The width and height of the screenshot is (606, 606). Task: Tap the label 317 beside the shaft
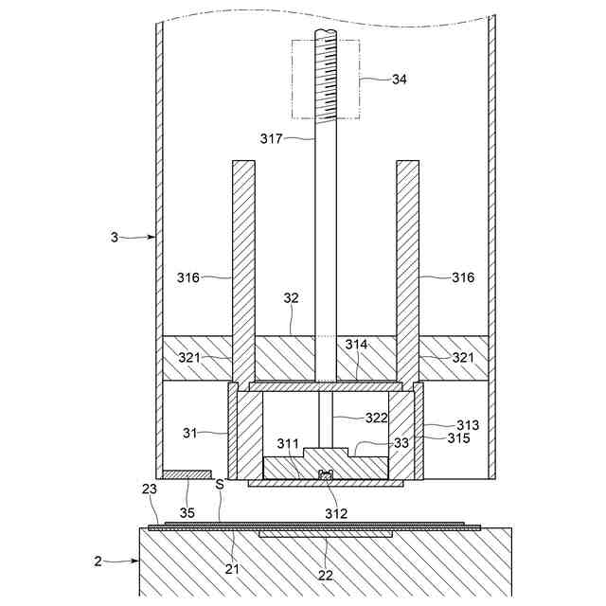(x=272, y=138)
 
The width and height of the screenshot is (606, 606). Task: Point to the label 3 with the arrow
(x=115, y=237)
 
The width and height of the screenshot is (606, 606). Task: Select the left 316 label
(x=189, y=277)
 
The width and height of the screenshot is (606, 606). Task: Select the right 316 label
(x=463, y=277)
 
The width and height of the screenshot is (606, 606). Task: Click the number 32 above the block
(x=291, y=296)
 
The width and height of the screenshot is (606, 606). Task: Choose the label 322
(x=376, y=418)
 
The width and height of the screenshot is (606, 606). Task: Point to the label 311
(x=288, y=443)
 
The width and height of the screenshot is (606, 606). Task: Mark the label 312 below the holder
(x=336, y=513)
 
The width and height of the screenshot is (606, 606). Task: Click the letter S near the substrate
(x=220, y=484)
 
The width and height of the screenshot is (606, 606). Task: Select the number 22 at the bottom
(x=325, y=576)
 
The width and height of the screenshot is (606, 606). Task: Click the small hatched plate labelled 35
(x=187, y=472)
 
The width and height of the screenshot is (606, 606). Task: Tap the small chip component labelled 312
(x=327, y=474)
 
